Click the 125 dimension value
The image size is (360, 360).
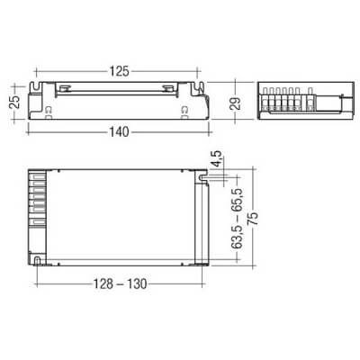point(119,69)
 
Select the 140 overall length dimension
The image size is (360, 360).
point(119,131)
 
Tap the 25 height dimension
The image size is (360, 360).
point(14,99)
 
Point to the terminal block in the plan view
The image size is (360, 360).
point(39,207)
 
